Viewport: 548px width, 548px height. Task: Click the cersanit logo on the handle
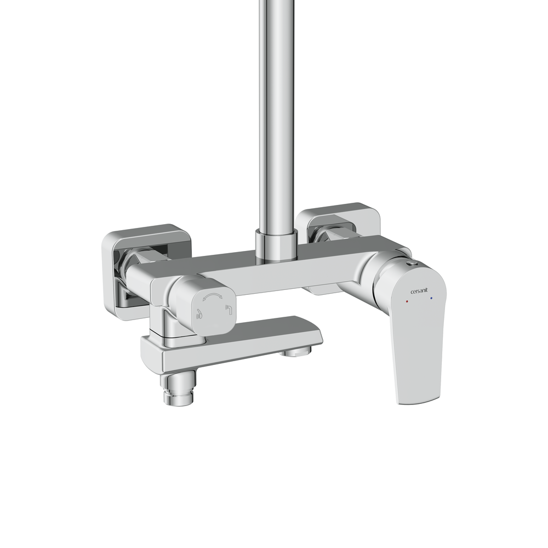click(419, 291)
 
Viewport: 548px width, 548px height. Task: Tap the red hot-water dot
click(406, 300)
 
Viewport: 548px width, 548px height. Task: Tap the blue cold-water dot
click(431, 299)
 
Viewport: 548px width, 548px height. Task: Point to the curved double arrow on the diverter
click(213, 296)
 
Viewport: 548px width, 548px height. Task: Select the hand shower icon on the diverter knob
click(199, 314)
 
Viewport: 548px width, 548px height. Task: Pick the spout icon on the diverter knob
click(229, 310)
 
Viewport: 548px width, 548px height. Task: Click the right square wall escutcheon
click(338, 224)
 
